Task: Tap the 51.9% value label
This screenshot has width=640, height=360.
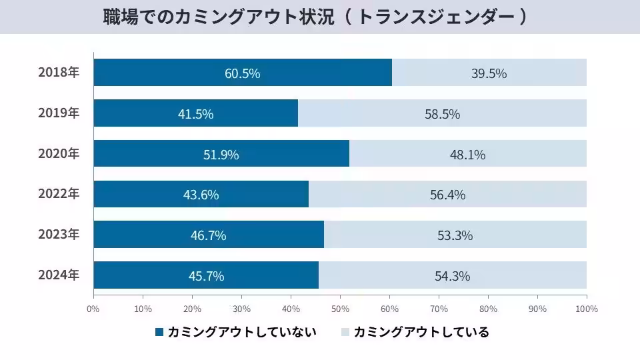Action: (x=221, y=155)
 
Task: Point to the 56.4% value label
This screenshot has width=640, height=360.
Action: (x=447, y=195)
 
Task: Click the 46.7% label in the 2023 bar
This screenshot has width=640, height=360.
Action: (x=209, y=235)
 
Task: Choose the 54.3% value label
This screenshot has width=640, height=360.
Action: (x=453, y=276)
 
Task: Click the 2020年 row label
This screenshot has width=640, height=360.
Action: (x=59, y=154)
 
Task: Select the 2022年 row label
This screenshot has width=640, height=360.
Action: (x=59, y=195)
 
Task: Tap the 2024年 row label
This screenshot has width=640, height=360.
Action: (x=59, y=275)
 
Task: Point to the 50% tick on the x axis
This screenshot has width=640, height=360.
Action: (x=340, y=309)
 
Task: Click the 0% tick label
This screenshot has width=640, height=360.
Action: (x=93, y=309)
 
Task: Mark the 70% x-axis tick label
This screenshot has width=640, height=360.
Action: (x=439, y=309)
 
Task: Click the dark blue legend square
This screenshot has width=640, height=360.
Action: (x=159, y=332)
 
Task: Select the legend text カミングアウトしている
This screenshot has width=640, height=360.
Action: (x=421, y=332)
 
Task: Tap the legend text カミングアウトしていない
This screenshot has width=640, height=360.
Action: (x=241, y=332)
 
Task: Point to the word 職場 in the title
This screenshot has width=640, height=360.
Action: (x=117, y=17)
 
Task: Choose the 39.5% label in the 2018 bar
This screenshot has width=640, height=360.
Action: (x=489, y=73)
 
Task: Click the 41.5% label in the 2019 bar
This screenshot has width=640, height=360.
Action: (x=196, y=114)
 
